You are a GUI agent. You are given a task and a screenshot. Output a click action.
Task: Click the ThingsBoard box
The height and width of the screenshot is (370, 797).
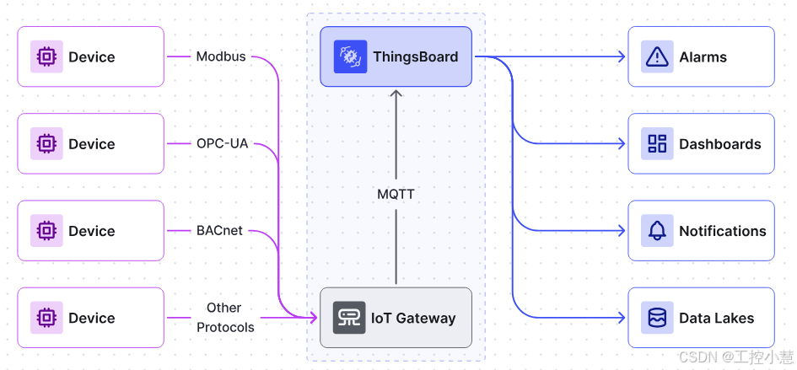point(396,56)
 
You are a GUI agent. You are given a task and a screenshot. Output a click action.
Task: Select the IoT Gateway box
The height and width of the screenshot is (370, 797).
point(396,318)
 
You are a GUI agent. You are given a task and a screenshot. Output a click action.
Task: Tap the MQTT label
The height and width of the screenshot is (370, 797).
point(396,194)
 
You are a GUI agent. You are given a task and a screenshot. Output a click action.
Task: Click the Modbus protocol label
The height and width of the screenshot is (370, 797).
point(221,56)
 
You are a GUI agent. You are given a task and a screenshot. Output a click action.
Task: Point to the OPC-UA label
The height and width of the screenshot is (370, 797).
point(222,144)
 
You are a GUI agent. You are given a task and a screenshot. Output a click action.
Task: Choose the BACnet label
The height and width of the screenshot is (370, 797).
point(219,231)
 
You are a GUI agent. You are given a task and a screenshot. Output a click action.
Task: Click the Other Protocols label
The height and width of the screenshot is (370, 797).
point(225,318)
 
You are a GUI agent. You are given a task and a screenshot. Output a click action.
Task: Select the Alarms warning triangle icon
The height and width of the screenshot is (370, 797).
point(657,57)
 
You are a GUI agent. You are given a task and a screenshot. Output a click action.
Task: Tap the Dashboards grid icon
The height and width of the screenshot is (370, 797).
point(657,144)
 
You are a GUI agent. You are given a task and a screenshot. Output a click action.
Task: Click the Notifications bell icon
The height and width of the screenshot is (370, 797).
point(657,231)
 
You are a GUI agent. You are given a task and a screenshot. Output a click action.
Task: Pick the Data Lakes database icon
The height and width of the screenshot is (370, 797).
point(657,318)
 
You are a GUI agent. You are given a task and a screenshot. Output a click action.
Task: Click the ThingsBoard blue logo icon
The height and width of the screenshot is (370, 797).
point(350,56)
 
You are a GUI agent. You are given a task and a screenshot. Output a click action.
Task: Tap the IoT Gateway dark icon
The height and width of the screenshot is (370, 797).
point(349,318)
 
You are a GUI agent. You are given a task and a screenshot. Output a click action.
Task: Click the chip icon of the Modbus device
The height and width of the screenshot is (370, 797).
point(46,56)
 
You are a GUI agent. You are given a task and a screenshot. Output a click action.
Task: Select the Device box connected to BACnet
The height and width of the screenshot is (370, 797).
point(91,231)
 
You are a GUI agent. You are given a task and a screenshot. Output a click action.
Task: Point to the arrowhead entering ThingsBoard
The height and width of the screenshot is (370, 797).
point(396,93)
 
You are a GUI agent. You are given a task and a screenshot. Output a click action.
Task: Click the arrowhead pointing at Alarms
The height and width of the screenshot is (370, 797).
point(621,56)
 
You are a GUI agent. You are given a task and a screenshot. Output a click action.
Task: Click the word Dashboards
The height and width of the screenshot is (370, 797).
point(719,144)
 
